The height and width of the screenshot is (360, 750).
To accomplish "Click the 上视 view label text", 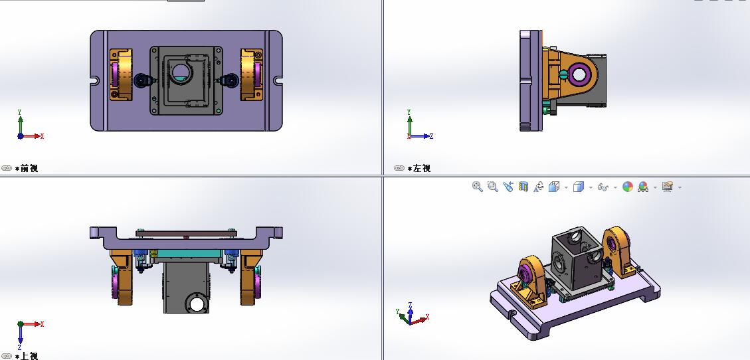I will [x=29, y=356].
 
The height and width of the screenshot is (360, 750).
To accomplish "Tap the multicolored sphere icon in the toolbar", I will [x=628, y=187].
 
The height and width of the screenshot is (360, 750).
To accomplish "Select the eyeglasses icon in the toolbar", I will [x=603, y=187].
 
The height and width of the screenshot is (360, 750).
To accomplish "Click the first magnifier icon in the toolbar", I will [x=477, y=187].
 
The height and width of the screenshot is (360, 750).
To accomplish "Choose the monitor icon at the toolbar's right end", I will [x=668, y=187].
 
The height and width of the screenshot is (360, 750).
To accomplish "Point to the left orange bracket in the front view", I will [x=122, y=74].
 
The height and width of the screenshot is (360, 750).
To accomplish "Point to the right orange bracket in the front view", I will [x=252, y=74].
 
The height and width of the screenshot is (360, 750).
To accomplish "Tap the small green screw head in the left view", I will [x=563, y=74].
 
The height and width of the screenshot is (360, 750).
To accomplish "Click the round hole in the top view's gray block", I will [x=197, y=304].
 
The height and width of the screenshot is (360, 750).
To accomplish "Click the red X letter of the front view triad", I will [x=42, y=136].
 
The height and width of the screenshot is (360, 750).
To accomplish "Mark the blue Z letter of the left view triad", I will [x=431, y=136].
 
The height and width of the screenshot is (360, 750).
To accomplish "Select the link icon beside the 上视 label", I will [x=7, y=356].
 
